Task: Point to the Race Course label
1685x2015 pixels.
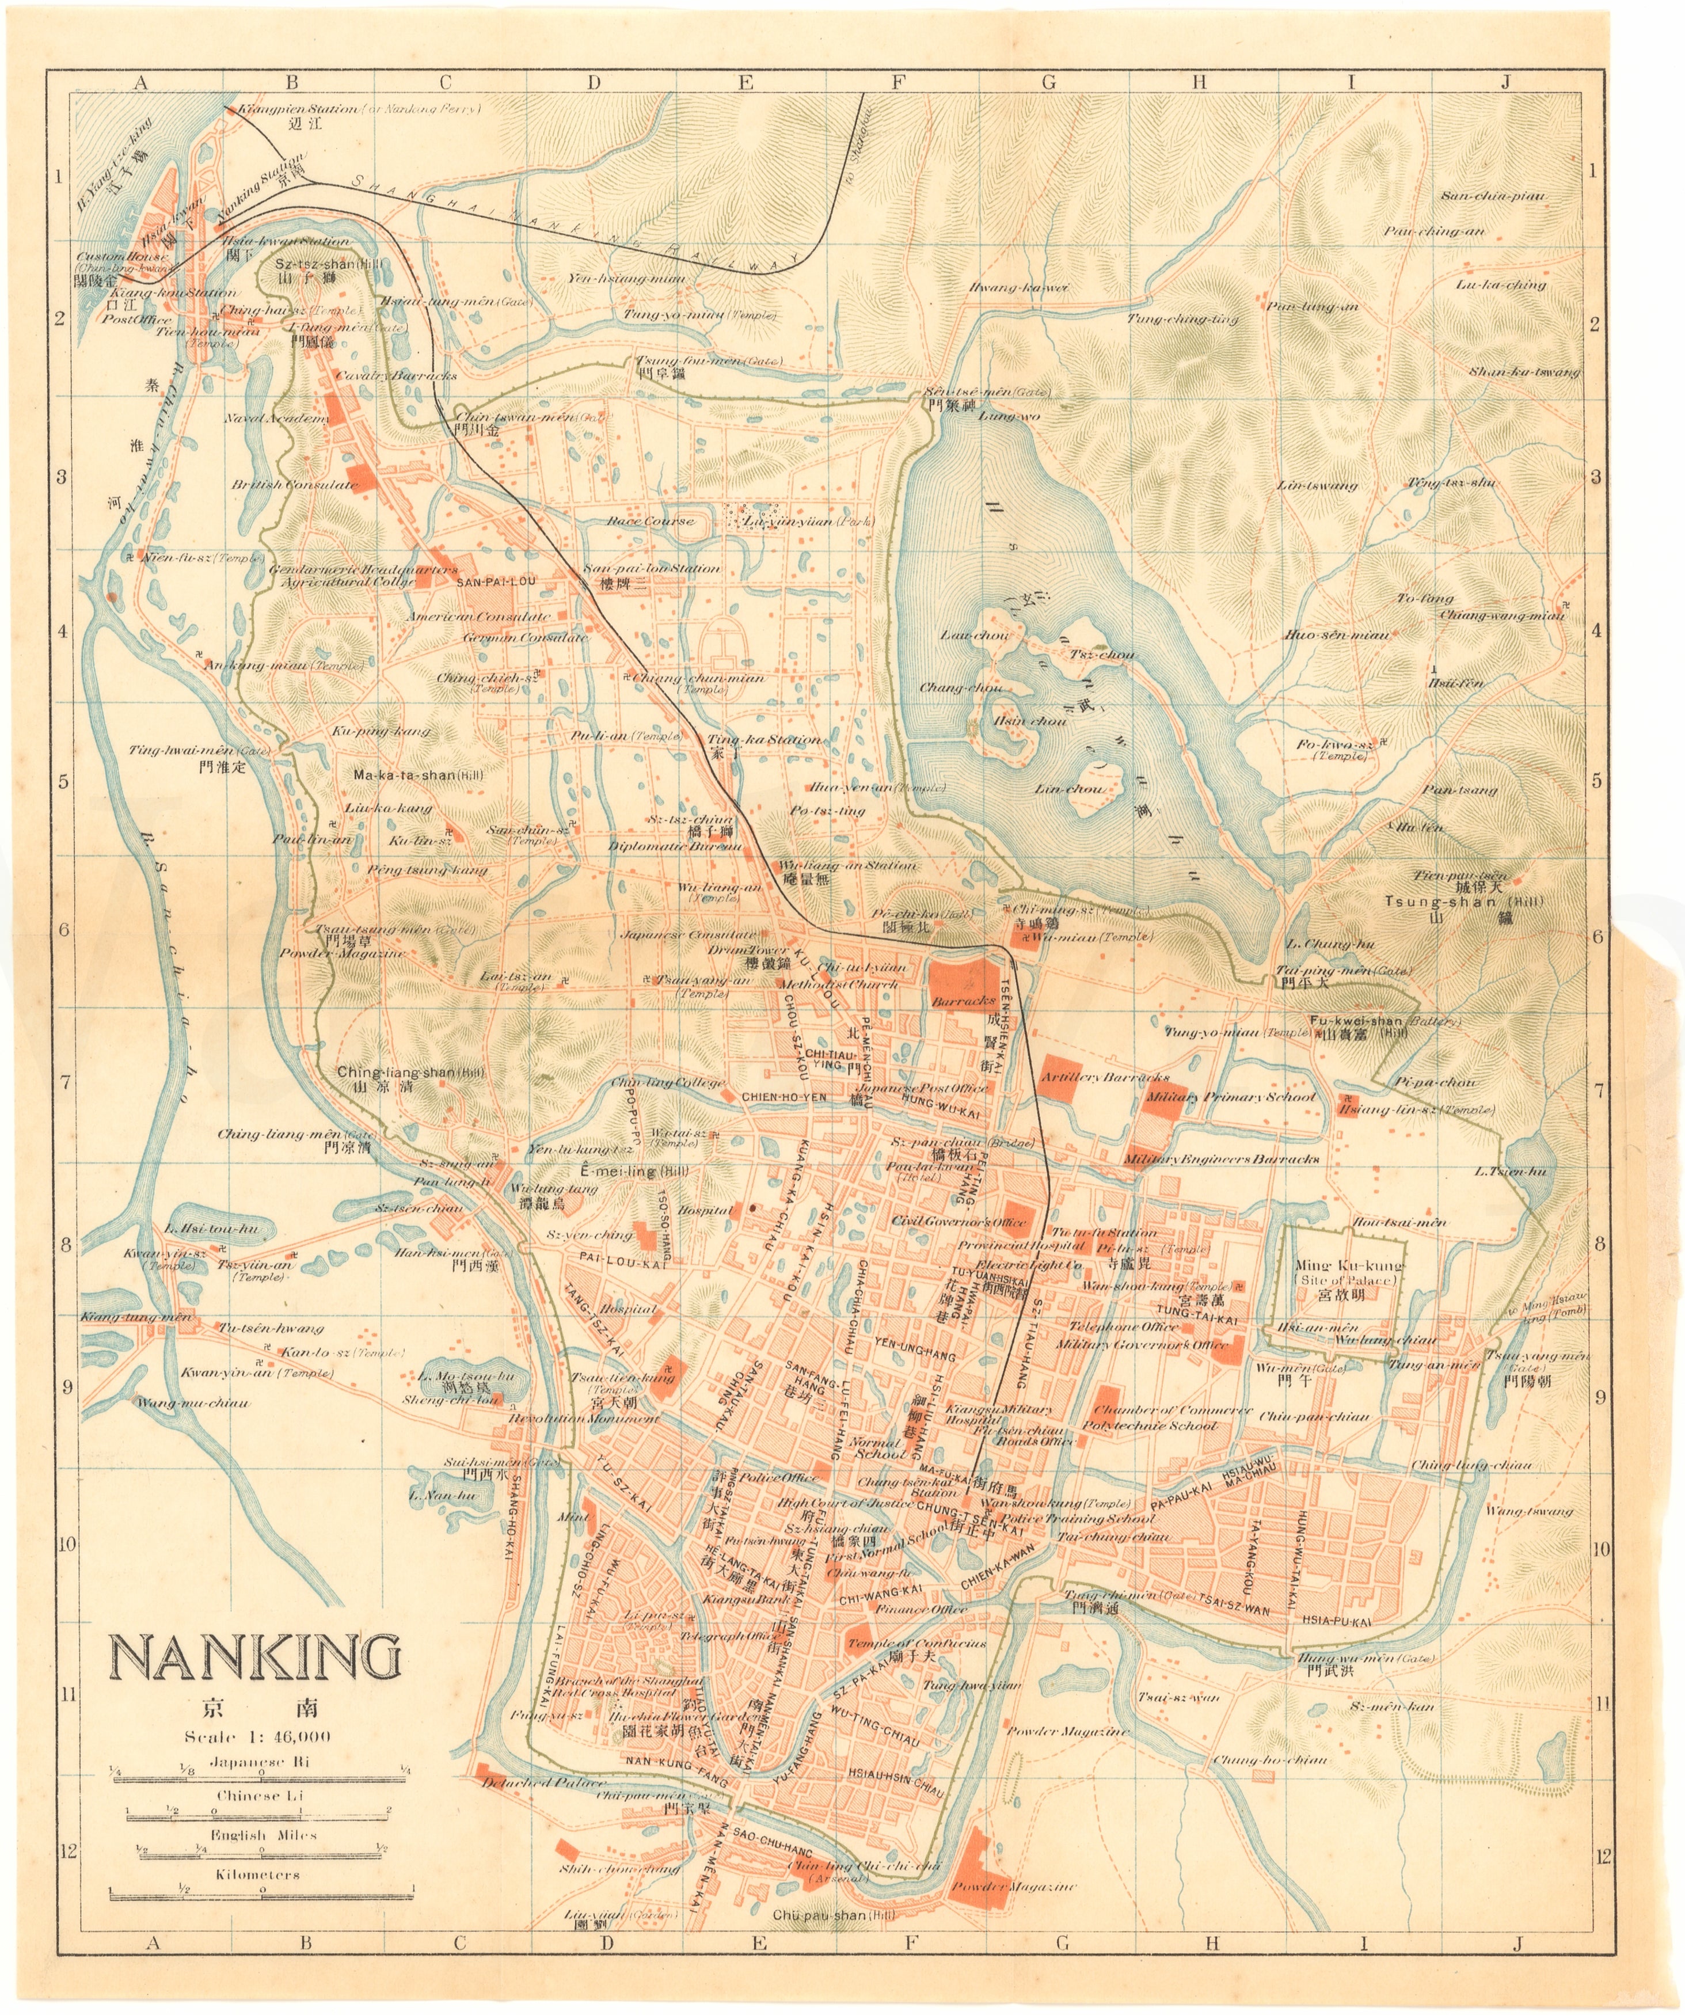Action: (x=651, y=521)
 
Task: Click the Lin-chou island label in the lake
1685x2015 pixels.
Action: (x=1069, y=789)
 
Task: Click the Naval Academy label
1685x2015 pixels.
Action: (x=277, y=419)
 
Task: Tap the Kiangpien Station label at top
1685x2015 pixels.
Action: (x=298, y=108)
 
